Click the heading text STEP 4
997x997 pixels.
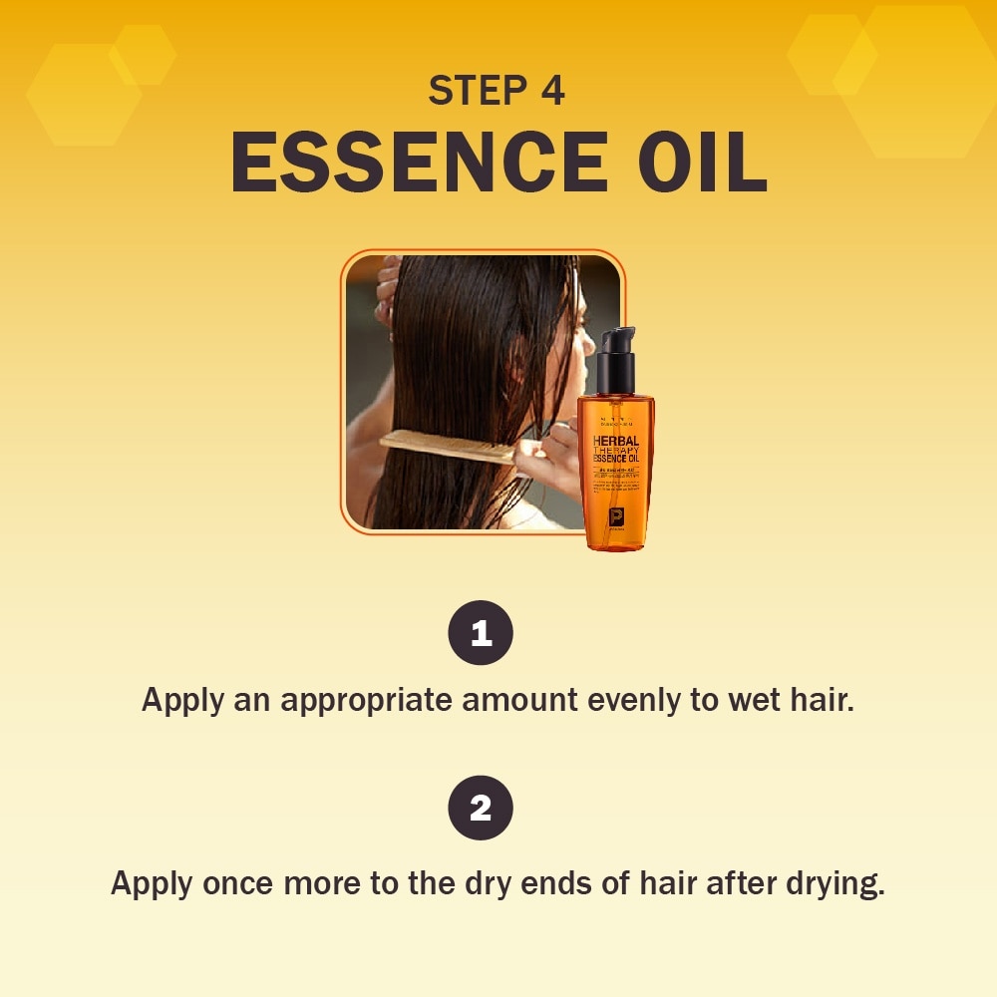[497, 91]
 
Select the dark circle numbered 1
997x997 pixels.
[481, 633]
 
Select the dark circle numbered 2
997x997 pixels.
[481, 808]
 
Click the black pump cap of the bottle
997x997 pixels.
[615, 361]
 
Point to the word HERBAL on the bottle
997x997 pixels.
[616, 440]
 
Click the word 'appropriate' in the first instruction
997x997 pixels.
[366, 700]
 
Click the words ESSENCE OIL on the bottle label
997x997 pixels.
[616, 462]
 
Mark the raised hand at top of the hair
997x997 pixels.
[387, 289]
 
